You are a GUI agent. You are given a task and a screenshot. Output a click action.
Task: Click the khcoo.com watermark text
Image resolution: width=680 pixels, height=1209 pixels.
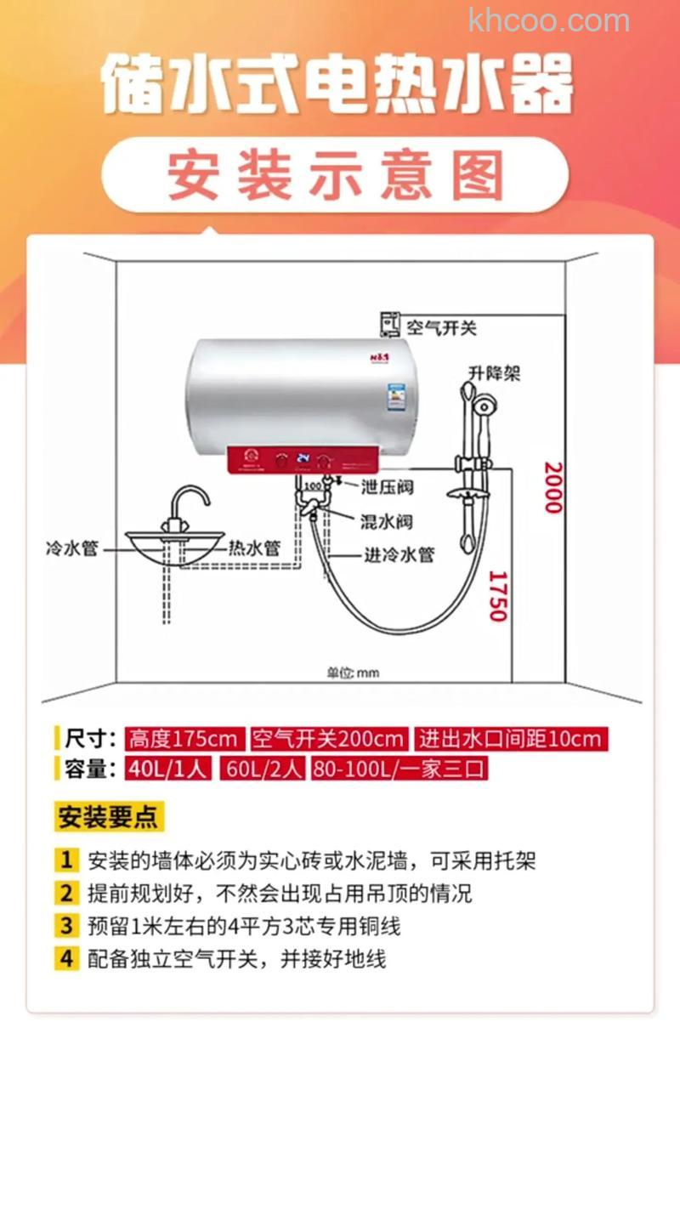549,20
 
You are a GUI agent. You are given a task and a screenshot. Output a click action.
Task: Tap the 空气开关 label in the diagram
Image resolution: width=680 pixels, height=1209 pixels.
441,327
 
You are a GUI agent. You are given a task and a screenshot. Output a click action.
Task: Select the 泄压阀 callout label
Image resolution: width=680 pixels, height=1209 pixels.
387,487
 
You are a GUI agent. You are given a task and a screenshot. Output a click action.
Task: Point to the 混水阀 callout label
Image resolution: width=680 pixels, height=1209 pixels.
387,520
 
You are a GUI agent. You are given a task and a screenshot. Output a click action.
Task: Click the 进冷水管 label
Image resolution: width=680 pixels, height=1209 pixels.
399,554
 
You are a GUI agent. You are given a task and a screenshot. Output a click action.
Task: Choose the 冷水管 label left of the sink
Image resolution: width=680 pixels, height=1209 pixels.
71,548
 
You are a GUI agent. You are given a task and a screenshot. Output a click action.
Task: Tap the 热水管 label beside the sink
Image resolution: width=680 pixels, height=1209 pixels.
254,548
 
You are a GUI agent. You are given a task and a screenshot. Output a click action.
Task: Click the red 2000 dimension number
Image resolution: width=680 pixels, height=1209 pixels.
553,487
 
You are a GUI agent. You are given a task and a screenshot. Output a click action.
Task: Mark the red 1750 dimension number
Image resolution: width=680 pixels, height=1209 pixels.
497,595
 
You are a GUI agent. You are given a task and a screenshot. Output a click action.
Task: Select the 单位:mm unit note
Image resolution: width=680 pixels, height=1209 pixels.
353,673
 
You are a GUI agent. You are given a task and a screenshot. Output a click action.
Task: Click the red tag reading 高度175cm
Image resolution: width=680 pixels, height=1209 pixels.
184,738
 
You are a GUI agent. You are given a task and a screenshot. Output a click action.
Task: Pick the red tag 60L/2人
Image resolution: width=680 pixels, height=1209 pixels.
263,769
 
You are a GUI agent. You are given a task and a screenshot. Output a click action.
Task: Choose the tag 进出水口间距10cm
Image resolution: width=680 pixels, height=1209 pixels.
511,738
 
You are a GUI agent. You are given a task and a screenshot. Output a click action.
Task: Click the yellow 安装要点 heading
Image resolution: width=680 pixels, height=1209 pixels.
108,818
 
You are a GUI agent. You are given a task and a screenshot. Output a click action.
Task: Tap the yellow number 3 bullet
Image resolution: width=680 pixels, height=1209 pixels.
66,926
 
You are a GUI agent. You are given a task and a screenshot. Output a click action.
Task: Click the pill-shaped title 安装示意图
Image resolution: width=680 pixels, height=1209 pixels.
335,174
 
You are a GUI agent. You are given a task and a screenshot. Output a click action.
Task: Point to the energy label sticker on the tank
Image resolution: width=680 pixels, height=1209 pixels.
395,395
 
